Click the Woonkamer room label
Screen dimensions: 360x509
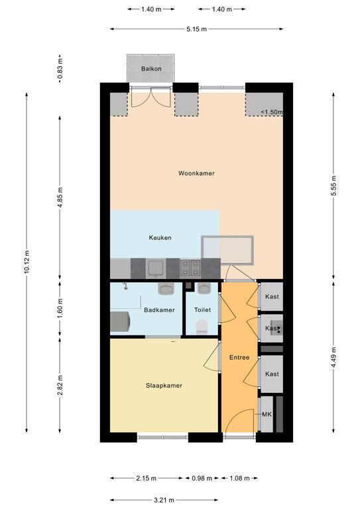[196, 174]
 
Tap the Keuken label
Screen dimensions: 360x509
[160, 238]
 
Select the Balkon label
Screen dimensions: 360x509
[151, 69]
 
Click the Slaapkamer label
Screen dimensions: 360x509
[164, 386]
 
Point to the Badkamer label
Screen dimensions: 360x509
[159, 310]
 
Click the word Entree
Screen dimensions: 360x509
[239, 357]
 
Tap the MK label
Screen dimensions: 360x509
[267, 414]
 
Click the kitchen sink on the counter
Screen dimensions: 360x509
[156, 268]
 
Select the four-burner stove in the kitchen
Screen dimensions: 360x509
[190, 268]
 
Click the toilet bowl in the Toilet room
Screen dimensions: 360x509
[202, 326]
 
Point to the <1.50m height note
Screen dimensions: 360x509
[272, 112]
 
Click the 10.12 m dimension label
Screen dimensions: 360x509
[27, 262]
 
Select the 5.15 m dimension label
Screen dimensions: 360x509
[196, 29]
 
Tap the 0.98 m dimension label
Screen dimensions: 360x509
[202, 478]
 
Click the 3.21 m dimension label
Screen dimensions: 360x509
[164, 500]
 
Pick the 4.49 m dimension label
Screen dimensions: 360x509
[333, 357]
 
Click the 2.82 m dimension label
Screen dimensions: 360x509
[60, 385]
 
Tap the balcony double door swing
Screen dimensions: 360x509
[150, 97]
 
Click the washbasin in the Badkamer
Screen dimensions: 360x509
[166, 288]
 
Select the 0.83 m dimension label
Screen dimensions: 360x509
[60, 69]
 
